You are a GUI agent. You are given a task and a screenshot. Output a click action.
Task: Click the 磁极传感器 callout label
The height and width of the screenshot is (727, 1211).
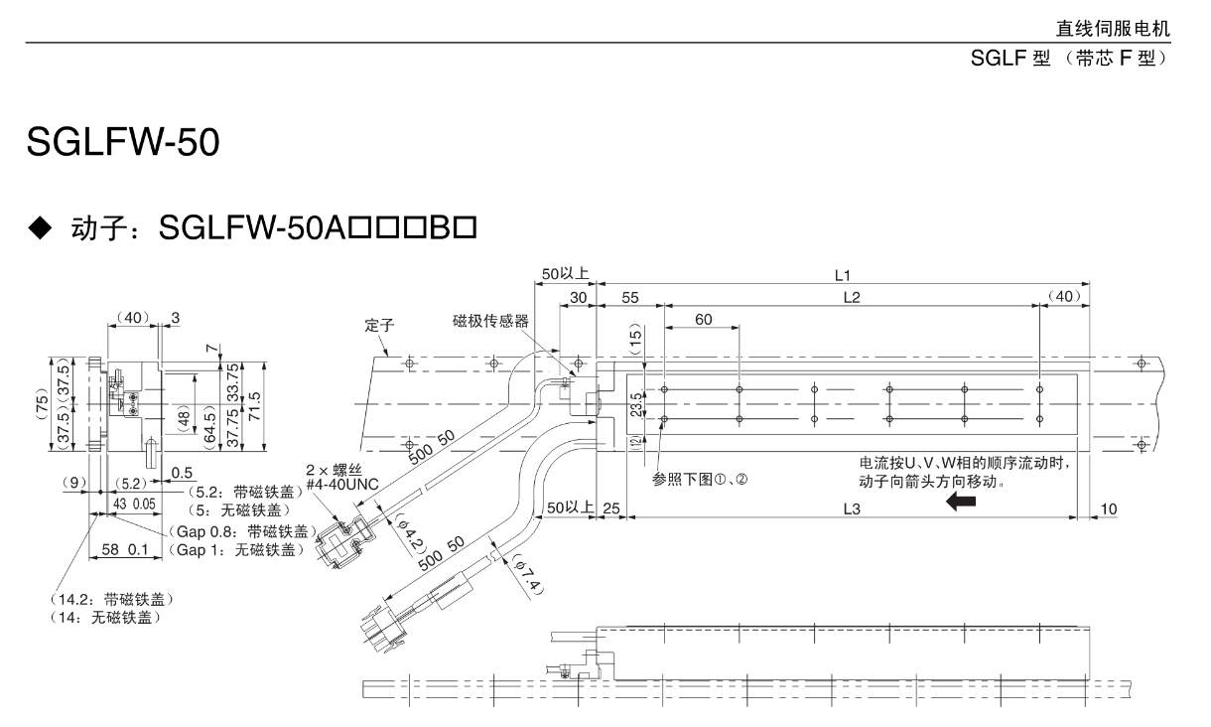pyautogui.click(x=490, y=321)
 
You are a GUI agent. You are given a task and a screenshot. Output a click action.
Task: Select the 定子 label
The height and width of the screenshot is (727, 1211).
pyautogui.click(x=380, y=324)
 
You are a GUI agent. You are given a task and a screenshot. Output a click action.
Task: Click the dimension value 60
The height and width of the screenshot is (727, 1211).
pyautogui.click(x=703, y=319)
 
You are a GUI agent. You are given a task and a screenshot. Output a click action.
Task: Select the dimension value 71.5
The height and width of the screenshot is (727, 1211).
pyautogui.click(x=255, y=404)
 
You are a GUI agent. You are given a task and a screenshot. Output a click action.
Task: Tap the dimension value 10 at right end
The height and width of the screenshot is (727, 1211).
pyautogui.click(x=1108, y=509)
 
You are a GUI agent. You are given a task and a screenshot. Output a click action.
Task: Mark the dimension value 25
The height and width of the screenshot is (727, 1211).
pyautogui.click(x=611, y=509)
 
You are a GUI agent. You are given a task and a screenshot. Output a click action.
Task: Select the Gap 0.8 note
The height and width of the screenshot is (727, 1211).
pyautogui.click(x=236, y=530)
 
